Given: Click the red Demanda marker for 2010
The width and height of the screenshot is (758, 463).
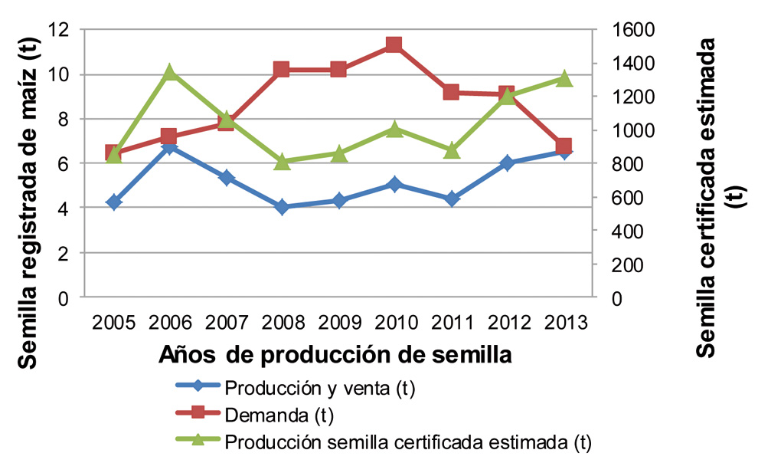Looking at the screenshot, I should coord(394,44).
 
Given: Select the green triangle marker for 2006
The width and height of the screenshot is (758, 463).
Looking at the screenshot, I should coord(170,73).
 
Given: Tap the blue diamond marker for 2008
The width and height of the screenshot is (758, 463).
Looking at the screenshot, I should coord(282,207).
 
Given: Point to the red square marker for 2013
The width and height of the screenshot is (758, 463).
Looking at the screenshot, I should coord(564,146).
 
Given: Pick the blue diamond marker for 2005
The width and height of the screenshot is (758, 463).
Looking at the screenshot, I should coord(114,202).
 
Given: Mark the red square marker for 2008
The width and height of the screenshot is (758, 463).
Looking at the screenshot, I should coord(282,70).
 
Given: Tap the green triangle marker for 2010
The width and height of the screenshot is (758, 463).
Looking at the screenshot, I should coord(394,129).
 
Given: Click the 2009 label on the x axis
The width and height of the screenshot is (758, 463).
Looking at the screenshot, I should coord(338,322).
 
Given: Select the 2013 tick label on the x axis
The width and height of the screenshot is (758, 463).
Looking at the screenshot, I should coord(563,322).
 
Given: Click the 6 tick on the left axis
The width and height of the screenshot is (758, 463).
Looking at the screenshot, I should coord(64,164).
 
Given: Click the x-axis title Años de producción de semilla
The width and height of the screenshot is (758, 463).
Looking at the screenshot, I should coord(335,355).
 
